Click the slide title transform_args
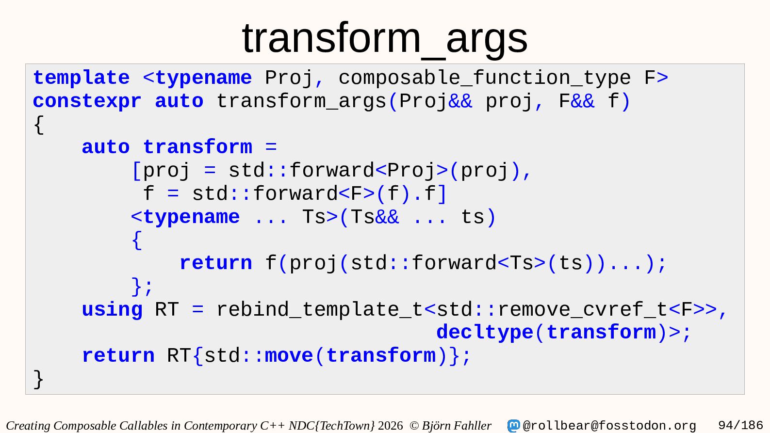tap(385, 38)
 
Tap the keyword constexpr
tap(87, 102)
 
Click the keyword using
tap(112, 310)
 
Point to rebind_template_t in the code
tap(320, 310)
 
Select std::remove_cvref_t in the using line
tap(552, 310)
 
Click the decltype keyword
tap(485, 333)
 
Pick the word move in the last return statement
tap(289, 356)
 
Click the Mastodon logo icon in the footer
tap(513, 426)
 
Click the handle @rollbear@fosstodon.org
tap(609, 426)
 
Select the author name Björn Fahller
tap(457, 426)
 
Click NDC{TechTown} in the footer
tap(332, 426)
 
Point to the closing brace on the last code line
tap(38, 380)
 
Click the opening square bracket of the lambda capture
tap(136, 171)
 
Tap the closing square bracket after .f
tap(442, 194)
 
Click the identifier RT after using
tap(167, 310)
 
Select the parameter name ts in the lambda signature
tap(472, 218)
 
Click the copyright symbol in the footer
tap(414, 426)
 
